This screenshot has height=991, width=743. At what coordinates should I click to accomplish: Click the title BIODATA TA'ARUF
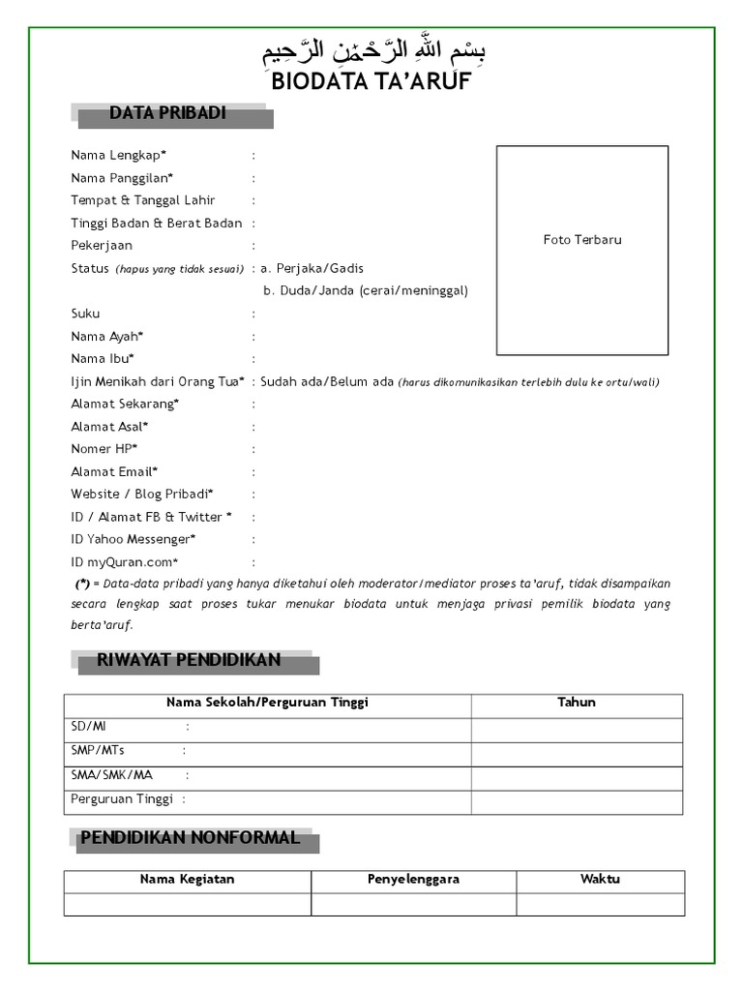tap(371, 81)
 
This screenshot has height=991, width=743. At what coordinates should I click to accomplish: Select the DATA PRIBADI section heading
tap(167, 114)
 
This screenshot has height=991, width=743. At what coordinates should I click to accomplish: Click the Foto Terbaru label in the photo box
tap(582, 240)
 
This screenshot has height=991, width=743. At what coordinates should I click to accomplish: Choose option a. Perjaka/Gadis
tap(312, 268)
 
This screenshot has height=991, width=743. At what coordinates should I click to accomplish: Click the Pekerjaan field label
tap(102, 246)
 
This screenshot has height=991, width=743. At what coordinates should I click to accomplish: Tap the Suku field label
tap(85, 314)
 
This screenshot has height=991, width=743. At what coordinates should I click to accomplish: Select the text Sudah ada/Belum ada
tap(327, 381)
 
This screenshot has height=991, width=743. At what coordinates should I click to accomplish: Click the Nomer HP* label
tap(104, 449)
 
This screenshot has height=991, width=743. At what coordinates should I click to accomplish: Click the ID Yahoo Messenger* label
tap(133, 539)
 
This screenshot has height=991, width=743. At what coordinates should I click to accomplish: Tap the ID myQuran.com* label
tap(124, 562)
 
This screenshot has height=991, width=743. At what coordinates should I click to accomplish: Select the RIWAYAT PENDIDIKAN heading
tap(189, 661)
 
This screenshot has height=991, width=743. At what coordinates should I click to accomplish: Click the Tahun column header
tap(577, 703)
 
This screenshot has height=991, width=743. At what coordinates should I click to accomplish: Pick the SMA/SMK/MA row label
tap(111, 775)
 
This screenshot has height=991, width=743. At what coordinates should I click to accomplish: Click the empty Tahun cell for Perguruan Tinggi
tap(577, 801)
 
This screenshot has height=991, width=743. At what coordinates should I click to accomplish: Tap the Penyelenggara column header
tap(413, 880)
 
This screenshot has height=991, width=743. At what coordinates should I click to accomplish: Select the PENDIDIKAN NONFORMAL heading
tap(190, 838)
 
